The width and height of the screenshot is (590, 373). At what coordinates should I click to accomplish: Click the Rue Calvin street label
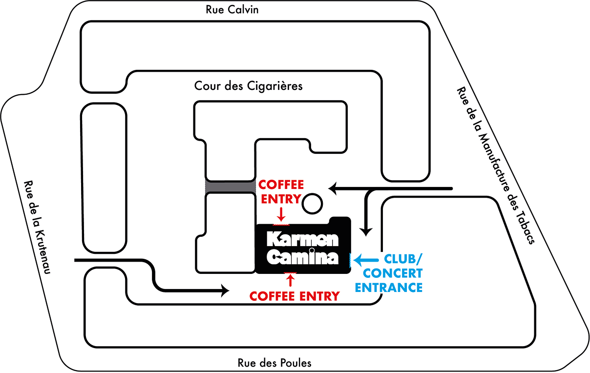232,10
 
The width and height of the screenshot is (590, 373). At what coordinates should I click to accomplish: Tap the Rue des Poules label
274,363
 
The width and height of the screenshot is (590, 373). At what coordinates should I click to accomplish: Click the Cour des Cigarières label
249,86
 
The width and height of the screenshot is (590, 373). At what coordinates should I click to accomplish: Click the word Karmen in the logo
303,239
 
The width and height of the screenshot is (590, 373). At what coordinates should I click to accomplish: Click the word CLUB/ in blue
403,259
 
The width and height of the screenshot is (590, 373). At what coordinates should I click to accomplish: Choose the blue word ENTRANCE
389,287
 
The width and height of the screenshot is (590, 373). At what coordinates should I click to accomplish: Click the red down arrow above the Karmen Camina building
281,214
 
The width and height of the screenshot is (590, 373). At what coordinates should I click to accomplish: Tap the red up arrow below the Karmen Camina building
291,280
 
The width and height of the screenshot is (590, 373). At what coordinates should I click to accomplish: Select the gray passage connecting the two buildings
230,186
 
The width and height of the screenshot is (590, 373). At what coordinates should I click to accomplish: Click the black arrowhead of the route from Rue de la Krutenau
226,291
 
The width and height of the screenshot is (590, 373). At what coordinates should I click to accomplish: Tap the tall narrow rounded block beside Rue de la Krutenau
103,178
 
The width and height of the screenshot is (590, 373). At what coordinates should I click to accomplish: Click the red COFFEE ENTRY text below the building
294,296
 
